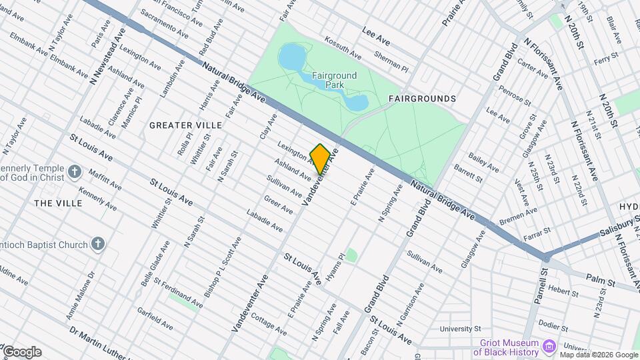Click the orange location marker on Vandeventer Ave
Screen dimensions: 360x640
pyautogui.click(x=320, y=159)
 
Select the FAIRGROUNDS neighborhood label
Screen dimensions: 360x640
pyautogui.click(x=422, y=99)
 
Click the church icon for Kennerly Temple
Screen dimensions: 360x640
pyautogui.click(x=75, y=172)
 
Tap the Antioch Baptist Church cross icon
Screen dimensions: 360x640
pyautogui.click(x=98, y=244)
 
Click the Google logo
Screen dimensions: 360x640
pyautogui.click(x=21, y=352)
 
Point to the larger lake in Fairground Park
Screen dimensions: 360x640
pyautogui.click(x=292, y=59)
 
